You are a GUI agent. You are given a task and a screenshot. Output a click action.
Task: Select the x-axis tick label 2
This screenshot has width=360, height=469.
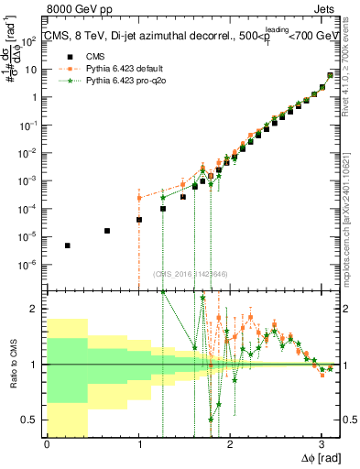[229, 443]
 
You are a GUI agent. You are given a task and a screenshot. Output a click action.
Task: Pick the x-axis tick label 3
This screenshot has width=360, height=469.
[321, 443]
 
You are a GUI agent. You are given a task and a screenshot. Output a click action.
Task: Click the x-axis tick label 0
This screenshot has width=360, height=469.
[47, 443]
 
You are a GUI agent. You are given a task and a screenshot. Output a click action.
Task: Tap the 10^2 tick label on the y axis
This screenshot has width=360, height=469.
[31, 39]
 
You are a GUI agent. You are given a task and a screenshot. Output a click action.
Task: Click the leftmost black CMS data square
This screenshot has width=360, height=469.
[68, 245]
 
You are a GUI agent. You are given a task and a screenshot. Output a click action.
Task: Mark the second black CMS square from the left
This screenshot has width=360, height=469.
[108, 231]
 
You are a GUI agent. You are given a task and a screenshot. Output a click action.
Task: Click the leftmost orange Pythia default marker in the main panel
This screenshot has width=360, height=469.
[139, 198]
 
